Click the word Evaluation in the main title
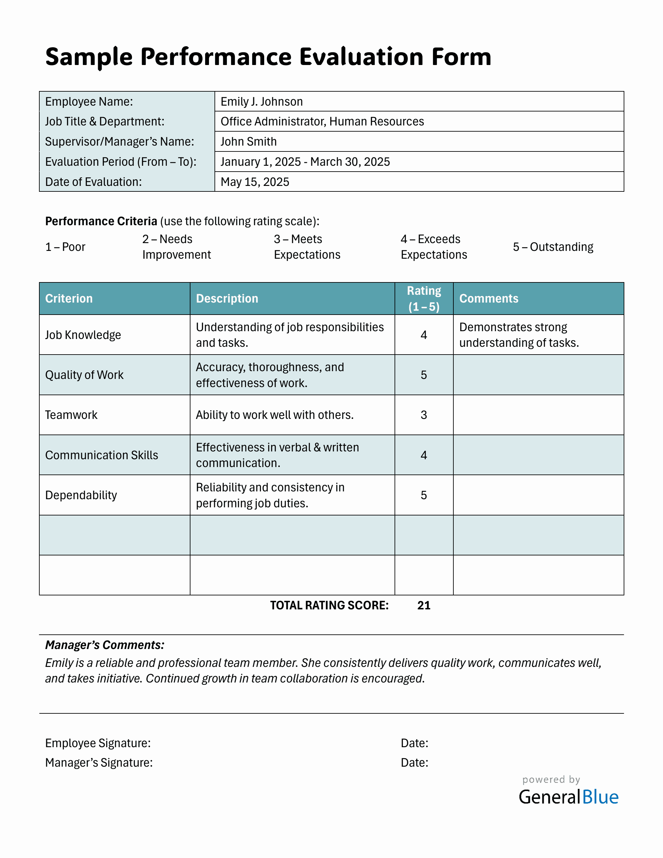(x=361, y=57)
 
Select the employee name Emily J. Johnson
(x=262, y=102)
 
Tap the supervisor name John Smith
(x=248, y=141)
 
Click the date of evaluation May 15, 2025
(x=254, y=182)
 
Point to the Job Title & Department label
(x=104, y=122)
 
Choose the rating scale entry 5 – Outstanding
(x=552, y=247)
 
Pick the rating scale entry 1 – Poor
(x=65, y=247)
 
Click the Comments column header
(x=488, y=299)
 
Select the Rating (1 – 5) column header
(x=424, y=299)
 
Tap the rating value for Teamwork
(x=424, y=415)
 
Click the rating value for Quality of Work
(x=424, y=375)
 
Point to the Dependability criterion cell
(x=81, y=495)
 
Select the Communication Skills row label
(x=101, y=455)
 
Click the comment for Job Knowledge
(x=518, y=335)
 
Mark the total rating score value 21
(x=424, y=605)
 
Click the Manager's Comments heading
(x=104, y=645)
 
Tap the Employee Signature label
(x=98, y=743)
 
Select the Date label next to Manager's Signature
(x=414, y=762)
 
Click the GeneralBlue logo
(x=568, y=797)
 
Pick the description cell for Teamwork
(x=275, y=415)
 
